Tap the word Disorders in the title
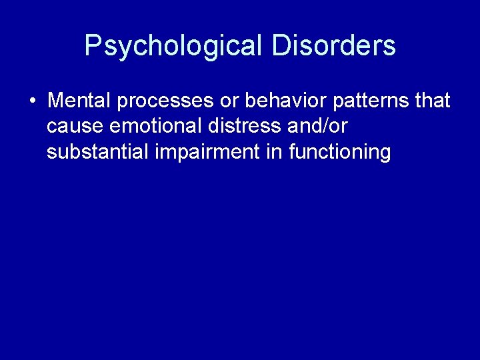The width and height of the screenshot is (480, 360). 334,46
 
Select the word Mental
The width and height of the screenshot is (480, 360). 79,101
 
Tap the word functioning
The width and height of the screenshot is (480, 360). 340,153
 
